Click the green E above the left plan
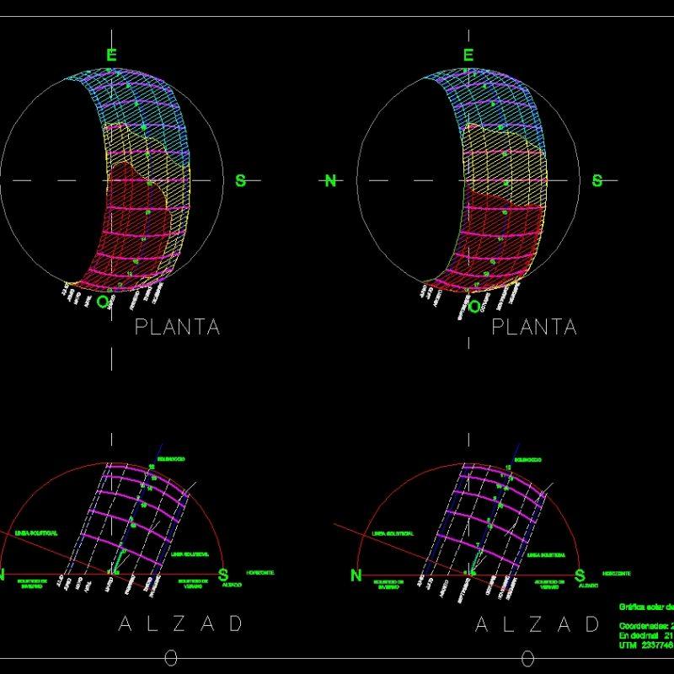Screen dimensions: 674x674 tap(111, 55)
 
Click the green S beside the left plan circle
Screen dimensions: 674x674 tap(240, 180)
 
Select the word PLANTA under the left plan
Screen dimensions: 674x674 tap(177, 327)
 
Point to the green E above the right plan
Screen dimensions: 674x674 tap(468, 55)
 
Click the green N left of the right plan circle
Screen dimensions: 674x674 tap(330, 180)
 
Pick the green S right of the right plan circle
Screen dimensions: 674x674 tap(597, 180)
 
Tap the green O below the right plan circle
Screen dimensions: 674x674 tap(474, 306)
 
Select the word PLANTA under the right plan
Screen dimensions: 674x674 tap(534, 327)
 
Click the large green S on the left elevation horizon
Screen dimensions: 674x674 tap(223, 575)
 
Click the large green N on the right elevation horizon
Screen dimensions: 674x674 tap(356, 575)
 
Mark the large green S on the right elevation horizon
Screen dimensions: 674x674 tap(580, 575)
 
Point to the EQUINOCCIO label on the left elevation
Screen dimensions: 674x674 tap(171, 459)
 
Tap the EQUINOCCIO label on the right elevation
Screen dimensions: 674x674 tap(528, 459)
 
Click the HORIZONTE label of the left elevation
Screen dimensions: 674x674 tap(259, 572)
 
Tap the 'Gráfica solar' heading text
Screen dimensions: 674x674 tap(646, 607)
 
